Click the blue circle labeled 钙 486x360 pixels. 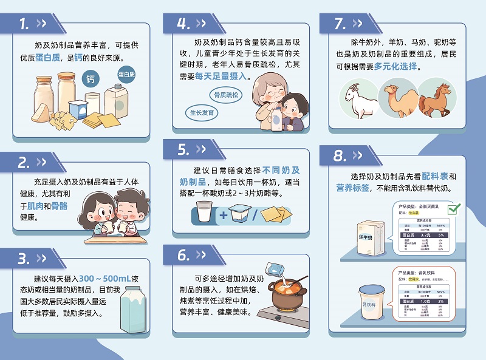(91, 79)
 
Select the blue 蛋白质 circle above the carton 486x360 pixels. (126, 75)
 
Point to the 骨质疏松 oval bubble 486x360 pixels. (225, 95)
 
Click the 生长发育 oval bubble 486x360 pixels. (202, 112)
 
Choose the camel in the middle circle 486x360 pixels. (398, 100)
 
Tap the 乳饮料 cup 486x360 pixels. (370, 304)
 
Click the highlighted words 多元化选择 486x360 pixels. (396, 66)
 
